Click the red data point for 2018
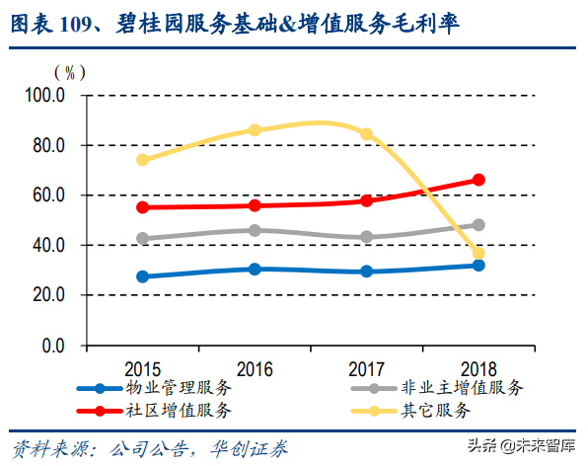click(478, 180)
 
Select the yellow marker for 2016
click(255, 130)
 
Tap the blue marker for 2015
click(143, 276)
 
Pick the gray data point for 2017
click(367, 237)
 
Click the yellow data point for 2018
click(478, 254)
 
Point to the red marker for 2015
click(143, 207)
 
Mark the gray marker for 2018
click(478, 225)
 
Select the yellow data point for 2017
click(367, 133)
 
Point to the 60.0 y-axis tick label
click(47, 195)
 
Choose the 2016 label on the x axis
click(255, 368)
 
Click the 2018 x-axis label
click(478, 368)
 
